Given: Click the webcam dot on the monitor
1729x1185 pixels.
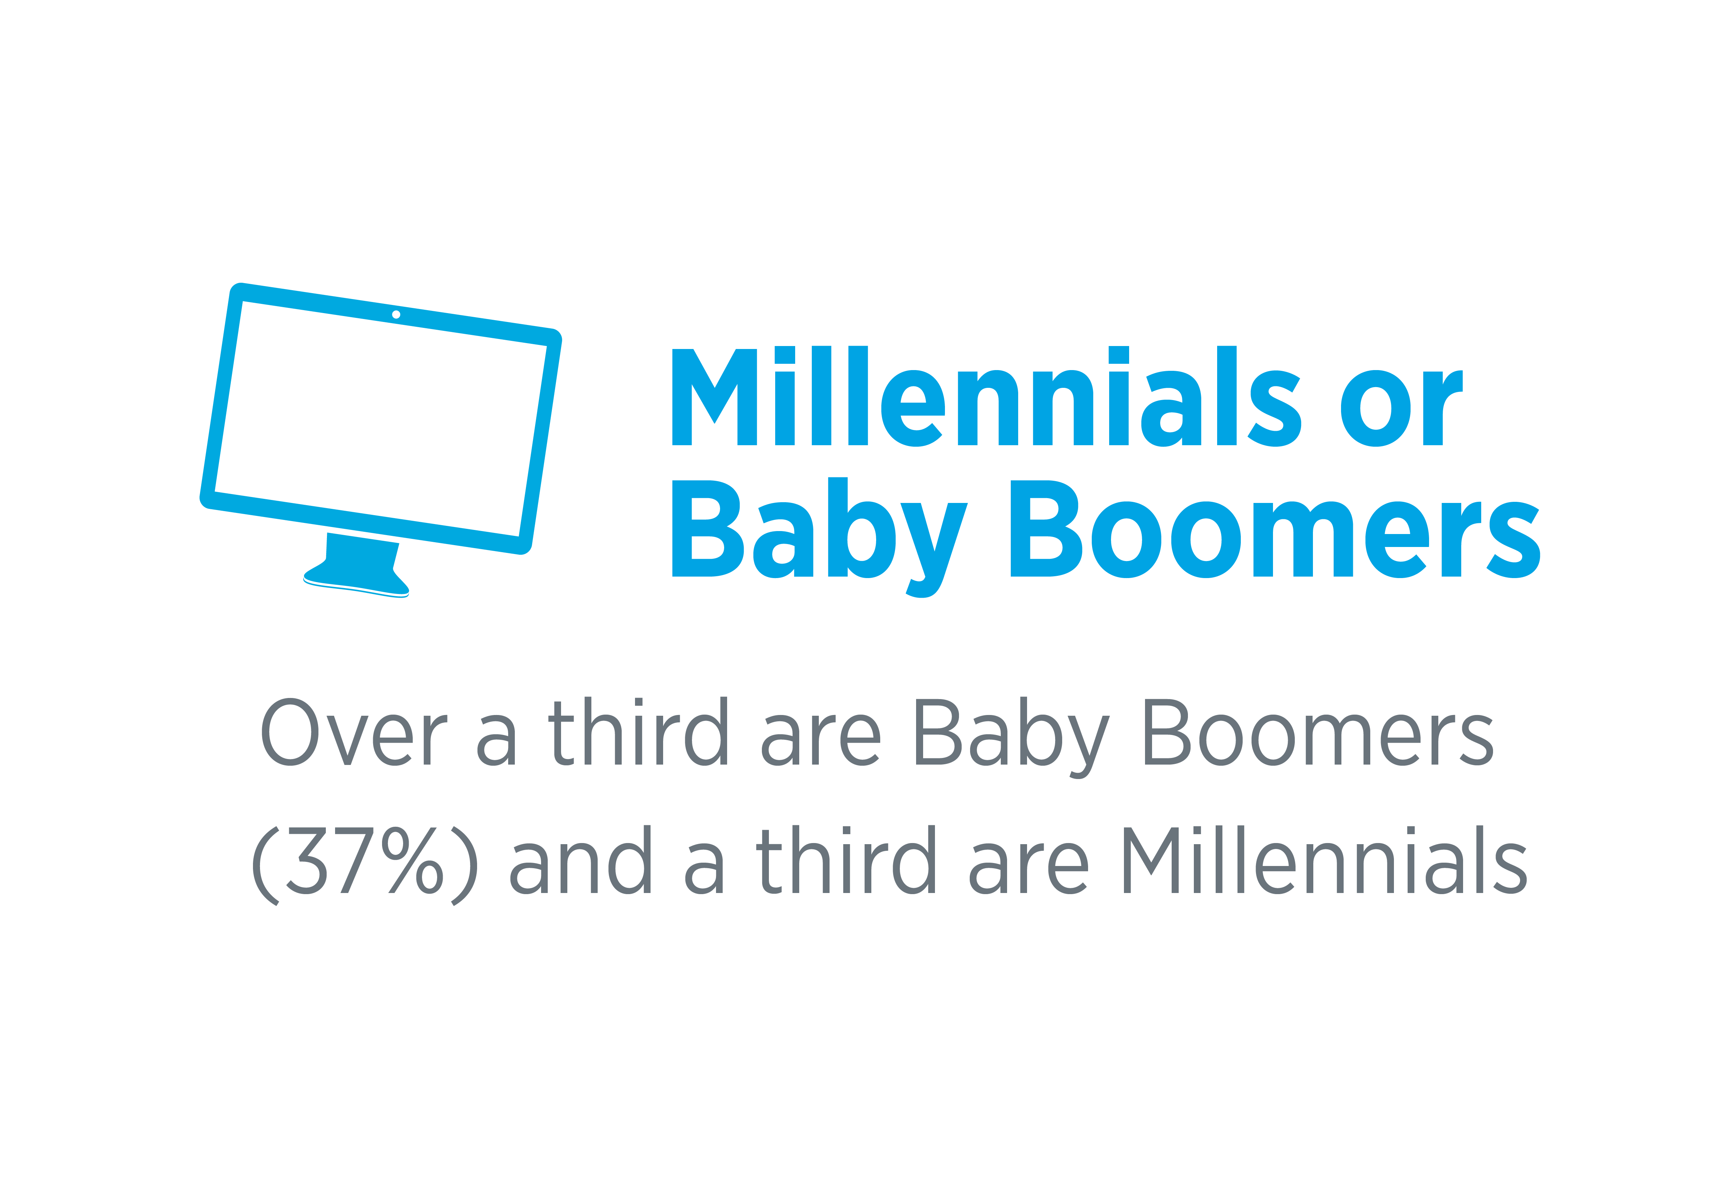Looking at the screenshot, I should (396, 315).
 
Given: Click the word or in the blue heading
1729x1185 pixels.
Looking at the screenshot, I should (1402, 408).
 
